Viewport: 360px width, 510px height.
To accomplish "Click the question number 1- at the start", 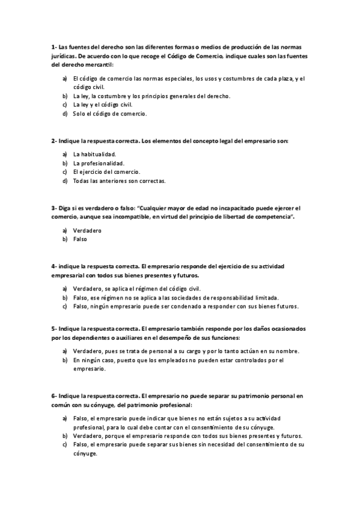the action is point(53,47).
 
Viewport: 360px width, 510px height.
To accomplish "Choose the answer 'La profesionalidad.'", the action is point(99,163).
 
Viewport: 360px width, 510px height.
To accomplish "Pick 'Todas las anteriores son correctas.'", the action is point(119,180).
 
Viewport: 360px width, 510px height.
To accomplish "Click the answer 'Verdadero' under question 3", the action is point(87,230).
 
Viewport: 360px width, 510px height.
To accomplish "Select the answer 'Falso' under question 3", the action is point(80,239).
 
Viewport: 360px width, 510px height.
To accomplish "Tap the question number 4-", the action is point(54,265).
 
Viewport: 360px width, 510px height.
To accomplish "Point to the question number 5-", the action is point(54,329).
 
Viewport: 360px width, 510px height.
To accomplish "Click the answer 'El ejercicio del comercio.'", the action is point(106,171).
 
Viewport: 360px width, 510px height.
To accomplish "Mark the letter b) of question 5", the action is point(65,360).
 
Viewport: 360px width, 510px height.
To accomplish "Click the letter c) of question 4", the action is point(65,306).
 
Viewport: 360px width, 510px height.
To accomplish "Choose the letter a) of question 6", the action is point(65,418).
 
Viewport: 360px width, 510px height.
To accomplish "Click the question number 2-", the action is point(54,141).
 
